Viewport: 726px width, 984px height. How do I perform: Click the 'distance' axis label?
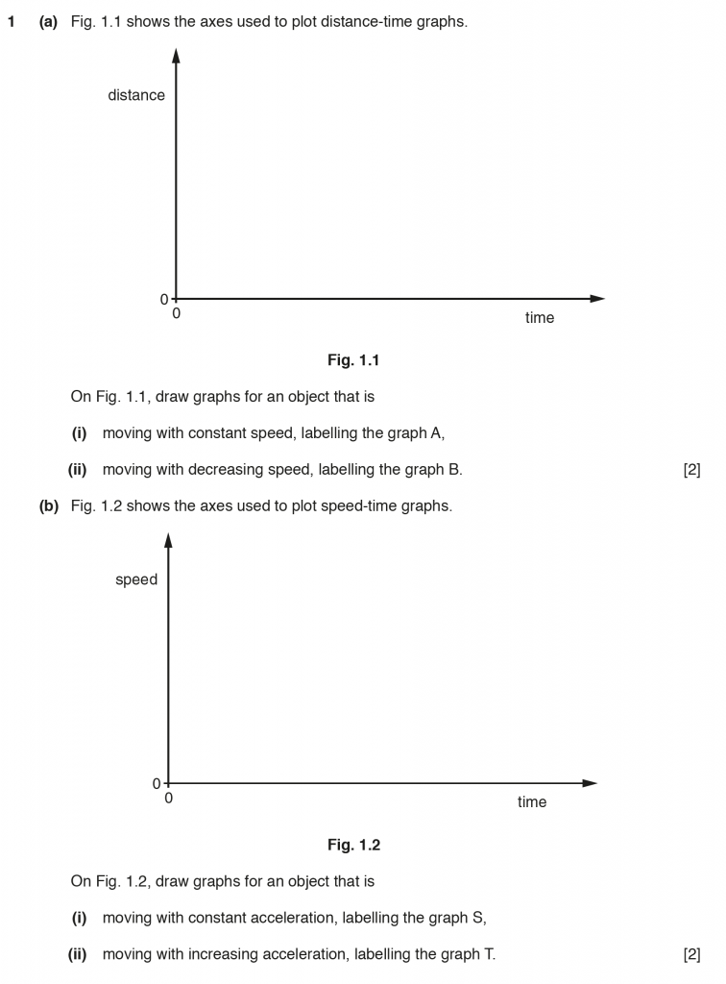(136, 95)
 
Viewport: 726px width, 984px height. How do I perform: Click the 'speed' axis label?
(136, 579)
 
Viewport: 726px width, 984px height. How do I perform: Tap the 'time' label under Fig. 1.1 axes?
(540, 318)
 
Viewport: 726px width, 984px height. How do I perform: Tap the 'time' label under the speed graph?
(532, 802)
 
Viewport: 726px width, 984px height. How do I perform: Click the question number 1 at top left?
(12, 20)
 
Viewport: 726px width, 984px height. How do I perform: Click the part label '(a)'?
(48, 20)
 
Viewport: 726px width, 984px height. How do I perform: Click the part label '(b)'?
(48, 505)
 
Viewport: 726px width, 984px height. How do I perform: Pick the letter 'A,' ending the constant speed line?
(437, 432)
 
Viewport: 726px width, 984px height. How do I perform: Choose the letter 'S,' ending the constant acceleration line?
(481, 917)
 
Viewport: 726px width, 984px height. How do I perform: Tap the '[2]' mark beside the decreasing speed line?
(691, 469)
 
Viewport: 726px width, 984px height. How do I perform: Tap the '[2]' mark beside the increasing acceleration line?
(691, 953)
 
